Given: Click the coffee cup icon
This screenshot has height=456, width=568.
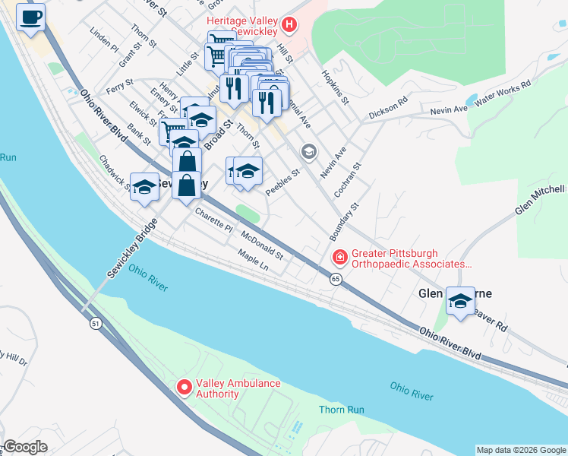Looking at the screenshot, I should click(x=30, y=17).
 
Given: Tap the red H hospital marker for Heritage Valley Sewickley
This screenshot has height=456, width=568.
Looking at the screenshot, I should click(x=289, y=25).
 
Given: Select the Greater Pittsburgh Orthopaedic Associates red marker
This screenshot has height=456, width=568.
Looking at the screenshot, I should click(x=338, y=258).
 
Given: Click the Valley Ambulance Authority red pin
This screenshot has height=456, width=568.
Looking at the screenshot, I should click(x=184, y=388).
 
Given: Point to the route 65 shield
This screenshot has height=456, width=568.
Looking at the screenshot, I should click(x=335, y=280).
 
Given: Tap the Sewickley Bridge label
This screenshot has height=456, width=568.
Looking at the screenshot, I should click(x=131, y=249).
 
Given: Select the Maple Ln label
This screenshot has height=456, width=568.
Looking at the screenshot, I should click(x=253, y=261).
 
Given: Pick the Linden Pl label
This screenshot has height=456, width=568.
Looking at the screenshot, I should click(x=104, y=41).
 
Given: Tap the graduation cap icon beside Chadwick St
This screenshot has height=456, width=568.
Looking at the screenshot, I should click(x=144, y=187).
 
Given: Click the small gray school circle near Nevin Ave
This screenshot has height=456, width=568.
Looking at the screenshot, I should click(x=308, y=152).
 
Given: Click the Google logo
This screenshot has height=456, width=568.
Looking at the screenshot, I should click(x=25, y=447).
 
